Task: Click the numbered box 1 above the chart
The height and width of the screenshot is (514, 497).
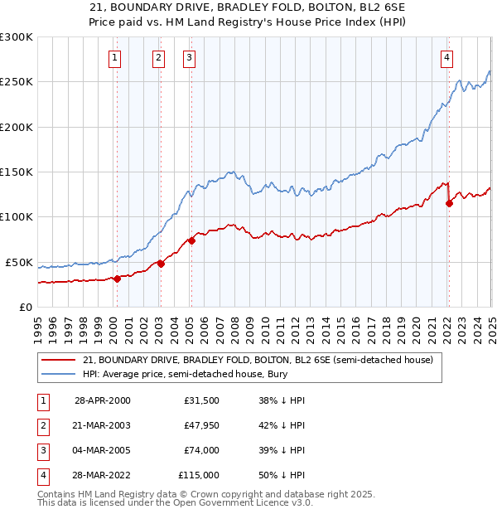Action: pos(113,57)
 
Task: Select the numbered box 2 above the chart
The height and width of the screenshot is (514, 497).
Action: pos(158,57)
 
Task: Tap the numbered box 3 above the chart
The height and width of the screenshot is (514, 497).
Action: pos(190,57)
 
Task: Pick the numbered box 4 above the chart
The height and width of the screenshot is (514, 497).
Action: pos(446,57)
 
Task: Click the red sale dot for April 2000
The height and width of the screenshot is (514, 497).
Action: pos(117,279)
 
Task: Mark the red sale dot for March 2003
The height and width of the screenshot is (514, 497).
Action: pos(161,264)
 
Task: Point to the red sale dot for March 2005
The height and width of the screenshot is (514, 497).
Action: pos(191,240)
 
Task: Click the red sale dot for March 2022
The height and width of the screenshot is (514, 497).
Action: pos(449,203)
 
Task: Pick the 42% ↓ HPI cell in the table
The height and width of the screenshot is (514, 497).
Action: pos(282,425)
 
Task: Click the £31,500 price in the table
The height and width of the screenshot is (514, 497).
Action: pos(202,400)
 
